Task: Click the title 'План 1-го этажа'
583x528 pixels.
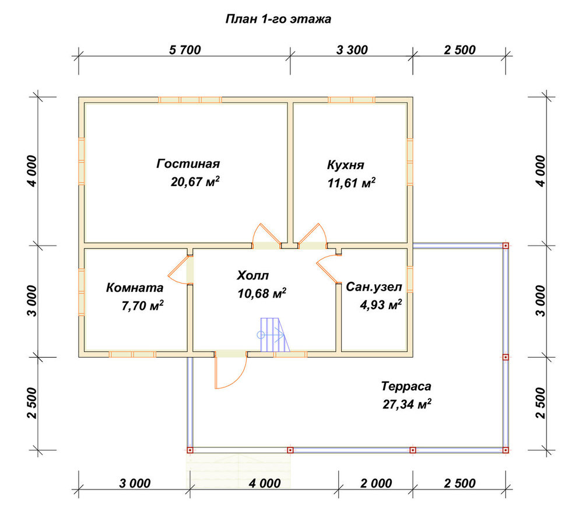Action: click(x=278, y=19)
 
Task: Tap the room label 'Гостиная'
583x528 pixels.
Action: click(x=188, y=164)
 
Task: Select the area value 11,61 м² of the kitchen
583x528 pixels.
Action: click(x=352, y=183)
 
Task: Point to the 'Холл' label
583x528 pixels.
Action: click(x=252, y=276)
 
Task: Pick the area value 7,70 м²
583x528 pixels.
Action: click(x=142, y=306)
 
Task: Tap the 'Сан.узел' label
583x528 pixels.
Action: click(x=374, y=287)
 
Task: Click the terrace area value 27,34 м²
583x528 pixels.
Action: click(x=407, y=404)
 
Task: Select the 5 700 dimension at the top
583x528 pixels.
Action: click(x=185, y=50)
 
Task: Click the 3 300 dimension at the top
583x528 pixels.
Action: click(x=352, y=50)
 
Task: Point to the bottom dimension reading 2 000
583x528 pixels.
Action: click(x=376, y=483)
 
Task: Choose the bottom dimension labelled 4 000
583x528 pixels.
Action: click(x=264, y=483)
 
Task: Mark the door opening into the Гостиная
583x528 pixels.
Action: click(x=266, y=235)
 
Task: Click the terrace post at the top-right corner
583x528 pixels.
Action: click(x=505, y=246)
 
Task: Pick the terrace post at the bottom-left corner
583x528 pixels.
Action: click(x=190, y=450)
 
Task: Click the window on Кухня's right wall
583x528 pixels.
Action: click(x=410, y=162)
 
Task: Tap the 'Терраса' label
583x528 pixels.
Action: click(x=406, y=386)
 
